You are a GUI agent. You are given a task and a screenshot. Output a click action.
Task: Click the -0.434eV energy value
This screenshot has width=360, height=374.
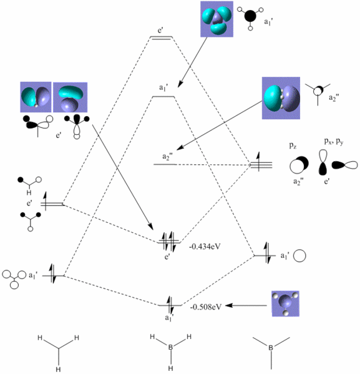[x=205, y=246]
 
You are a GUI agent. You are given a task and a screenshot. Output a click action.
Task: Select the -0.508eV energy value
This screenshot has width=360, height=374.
[x=206, y=307]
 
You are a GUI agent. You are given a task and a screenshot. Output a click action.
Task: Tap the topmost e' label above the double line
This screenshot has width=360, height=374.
[x=160, y=31]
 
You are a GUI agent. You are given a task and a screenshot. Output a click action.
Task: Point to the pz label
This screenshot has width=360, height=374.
[x=293, y=145]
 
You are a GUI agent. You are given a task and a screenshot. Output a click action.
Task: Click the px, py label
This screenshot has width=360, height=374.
[x=334, y=142]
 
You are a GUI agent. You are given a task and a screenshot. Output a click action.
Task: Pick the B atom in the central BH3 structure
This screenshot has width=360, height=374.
[x=170, y=347]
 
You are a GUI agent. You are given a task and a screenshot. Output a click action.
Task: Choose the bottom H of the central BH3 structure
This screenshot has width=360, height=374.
[x=170, y=368]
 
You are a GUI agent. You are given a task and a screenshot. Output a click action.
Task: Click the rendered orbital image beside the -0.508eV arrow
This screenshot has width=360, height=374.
[x=286, y=303]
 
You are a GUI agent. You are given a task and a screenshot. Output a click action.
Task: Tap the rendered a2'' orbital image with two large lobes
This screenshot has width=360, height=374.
[x=281, y=98]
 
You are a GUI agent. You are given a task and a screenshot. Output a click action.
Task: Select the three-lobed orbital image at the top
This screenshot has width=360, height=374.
[x=216, y=19]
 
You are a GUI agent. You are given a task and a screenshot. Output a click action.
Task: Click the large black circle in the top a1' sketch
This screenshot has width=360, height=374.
[x=250, y=16]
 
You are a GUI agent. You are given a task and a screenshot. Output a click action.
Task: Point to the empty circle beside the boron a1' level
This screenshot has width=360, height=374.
[x=299, y=256]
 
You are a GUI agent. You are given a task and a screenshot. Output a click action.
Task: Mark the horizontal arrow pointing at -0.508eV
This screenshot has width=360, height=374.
[x=246, y=305]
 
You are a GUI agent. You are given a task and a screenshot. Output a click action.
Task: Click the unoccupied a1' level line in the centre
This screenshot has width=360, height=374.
[x=163, y=97]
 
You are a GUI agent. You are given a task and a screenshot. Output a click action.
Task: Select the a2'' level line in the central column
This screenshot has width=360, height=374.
[x=165, y=165]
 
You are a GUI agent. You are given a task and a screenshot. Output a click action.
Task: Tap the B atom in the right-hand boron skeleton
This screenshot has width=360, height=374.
[x=271, y=348]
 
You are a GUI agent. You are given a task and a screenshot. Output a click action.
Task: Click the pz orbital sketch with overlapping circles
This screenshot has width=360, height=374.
[x=299, y=165]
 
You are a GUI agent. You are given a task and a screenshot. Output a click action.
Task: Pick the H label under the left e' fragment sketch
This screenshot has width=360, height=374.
[x=29, y=192]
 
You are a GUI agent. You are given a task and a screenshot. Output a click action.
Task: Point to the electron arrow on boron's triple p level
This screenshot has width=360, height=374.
[x=258, y=162]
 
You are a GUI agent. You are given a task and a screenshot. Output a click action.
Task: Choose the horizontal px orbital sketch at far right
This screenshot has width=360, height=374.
[x=345, y=165]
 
